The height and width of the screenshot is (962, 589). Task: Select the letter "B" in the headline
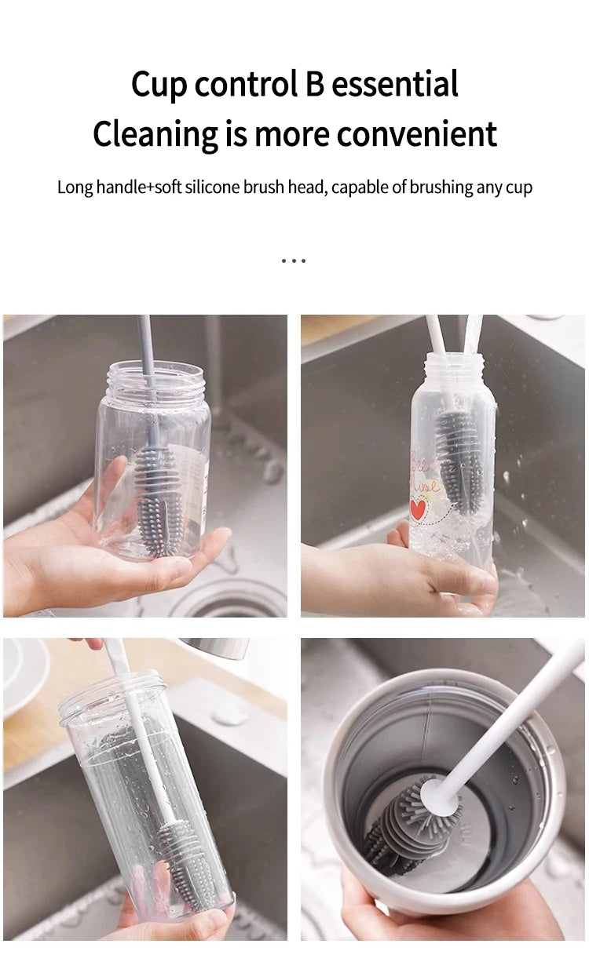click(x=314, y=84)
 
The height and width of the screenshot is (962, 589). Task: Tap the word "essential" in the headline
click(x=395, y=84)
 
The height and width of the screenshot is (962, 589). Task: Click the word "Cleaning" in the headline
click(x=156, y=133)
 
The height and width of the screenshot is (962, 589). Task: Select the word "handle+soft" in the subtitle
click(x=137, y=188)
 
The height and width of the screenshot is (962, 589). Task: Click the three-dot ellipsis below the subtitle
click(x=294, y=260)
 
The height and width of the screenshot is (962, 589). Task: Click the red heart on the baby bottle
click(x=419, y=508)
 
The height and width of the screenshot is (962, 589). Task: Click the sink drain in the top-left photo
click(x=228, y=599)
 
